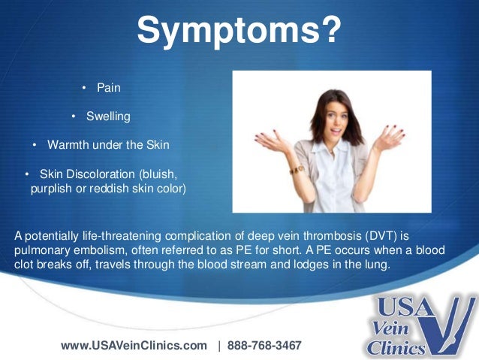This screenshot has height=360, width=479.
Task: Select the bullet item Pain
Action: click(108, 88)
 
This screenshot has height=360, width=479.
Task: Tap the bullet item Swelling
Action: click(107, 116)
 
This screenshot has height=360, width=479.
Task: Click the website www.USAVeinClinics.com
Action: click(134, 346)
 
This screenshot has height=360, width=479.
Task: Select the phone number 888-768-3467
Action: click(266, 346)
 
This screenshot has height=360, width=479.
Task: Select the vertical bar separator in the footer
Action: click(219, 346)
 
